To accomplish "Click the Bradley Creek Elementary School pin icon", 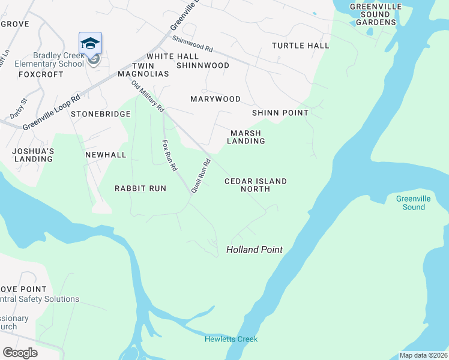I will click(90, 44).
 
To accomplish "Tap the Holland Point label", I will click(254, 250).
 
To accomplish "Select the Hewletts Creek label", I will click(231, 339).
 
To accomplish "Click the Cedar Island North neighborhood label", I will click(255, 185).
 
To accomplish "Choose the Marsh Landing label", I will click(246, 137).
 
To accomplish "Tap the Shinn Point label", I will click(280, 113).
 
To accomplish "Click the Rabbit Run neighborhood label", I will click(140, 188).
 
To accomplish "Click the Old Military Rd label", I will click(148, 95).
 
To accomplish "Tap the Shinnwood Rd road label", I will click(193, 43).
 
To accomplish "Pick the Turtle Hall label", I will click(300, 46).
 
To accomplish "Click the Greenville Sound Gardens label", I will click(376, 14).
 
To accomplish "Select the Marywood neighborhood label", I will click(215, 99).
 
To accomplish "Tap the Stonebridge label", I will click(101, 114).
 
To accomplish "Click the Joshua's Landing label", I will click(33, 155).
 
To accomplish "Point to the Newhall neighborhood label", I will click(106, 155).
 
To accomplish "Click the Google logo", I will click(20, 352).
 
